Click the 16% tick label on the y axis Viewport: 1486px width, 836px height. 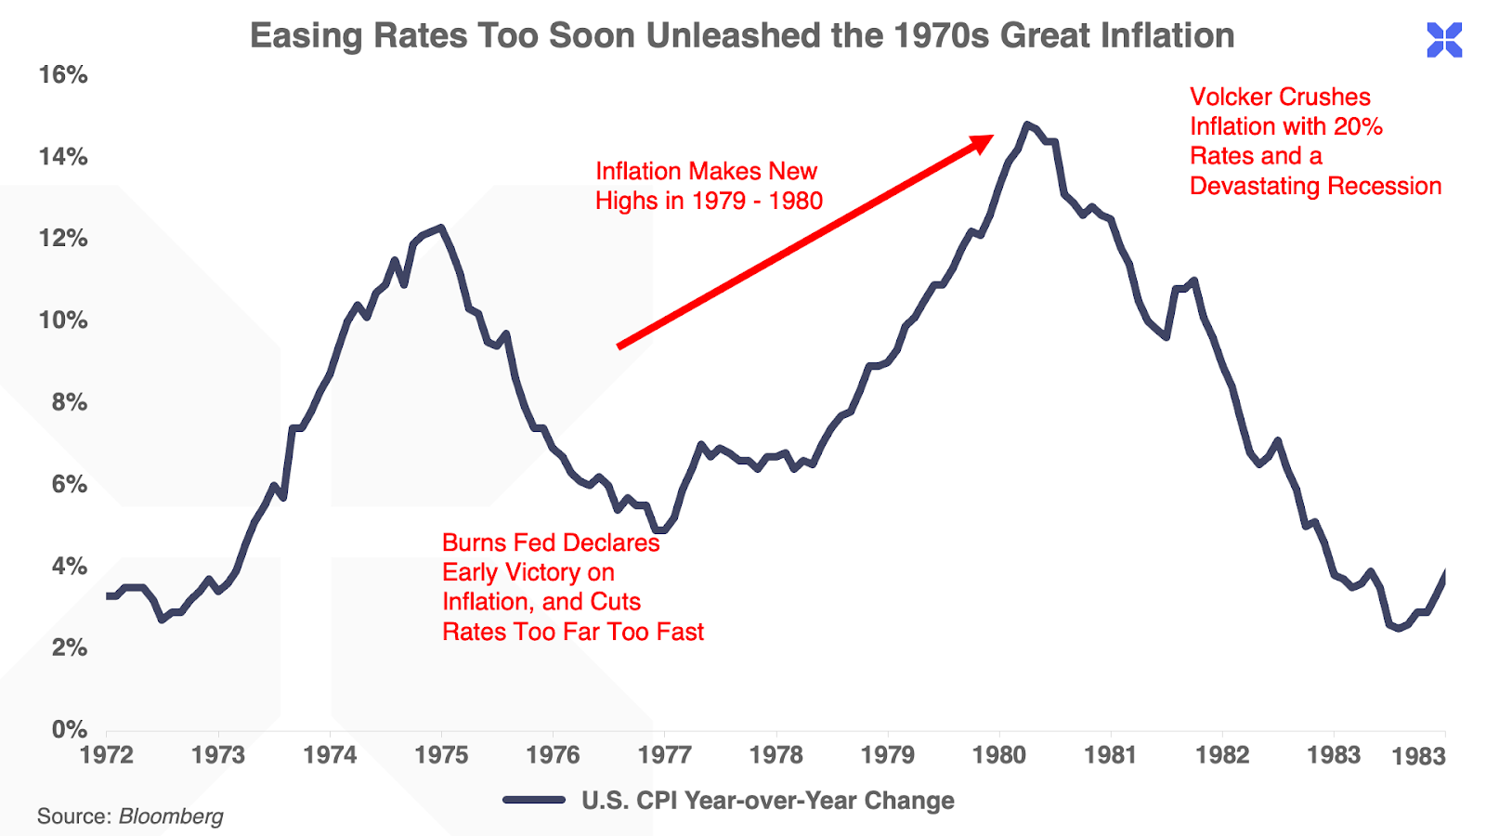click(x=63, y=74)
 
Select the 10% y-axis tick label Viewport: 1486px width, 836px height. click(x=63, y=320)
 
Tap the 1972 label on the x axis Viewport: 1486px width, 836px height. click(x=107, y=754)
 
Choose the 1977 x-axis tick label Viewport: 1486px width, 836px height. click(x=665, y=754)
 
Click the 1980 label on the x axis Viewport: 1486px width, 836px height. click(x=999, y=754)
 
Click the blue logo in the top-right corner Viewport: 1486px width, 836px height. click(x=1444, y=40)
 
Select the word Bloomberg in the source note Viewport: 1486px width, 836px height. click(x=171, y=816)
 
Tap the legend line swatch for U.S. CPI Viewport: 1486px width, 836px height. click(x=534, y=800)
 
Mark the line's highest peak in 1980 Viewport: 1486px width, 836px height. click(x=1026, y=124)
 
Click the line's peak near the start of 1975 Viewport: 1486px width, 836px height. click(x=440, y=227)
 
